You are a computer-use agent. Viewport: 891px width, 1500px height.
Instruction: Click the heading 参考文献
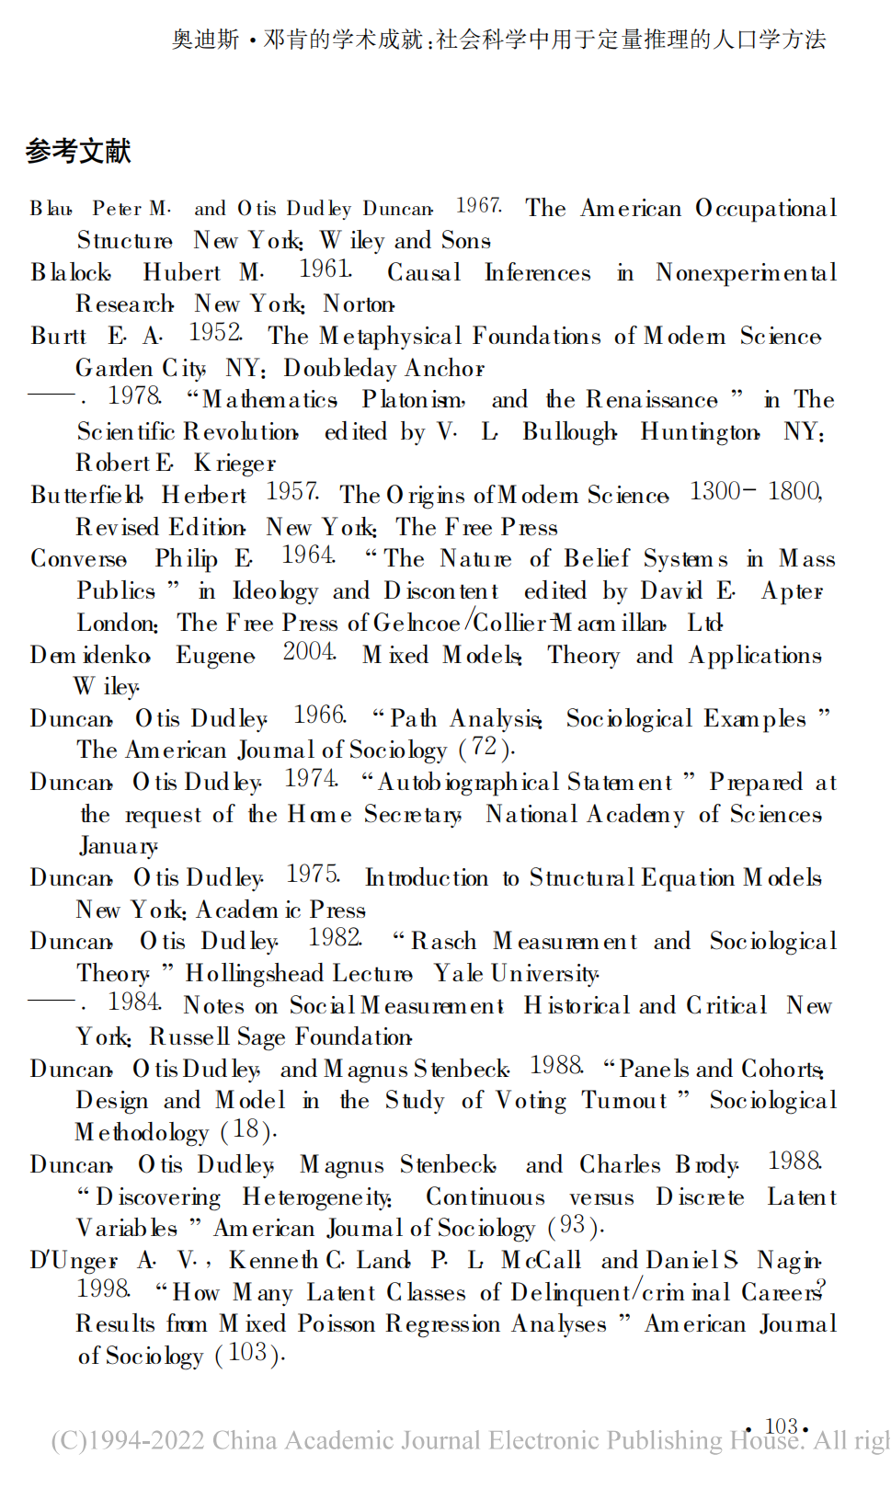coord(78,151)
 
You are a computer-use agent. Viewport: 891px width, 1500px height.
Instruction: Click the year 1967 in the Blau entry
coord(478,206)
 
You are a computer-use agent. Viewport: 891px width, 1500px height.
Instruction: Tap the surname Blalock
coord(71,273)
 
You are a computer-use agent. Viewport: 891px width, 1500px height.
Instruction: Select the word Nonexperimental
coord(746,273)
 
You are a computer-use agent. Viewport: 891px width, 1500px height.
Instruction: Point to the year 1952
coord(215,333)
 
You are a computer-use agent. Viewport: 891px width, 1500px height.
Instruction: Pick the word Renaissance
coord(652,400)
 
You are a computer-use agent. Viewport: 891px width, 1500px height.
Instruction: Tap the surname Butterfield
coord(86,496)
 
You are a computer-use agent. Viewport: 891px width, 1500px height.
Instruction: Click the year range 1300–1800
coord(755,492)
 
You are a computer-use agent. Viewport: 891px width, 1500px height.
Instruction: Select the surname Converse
coord(79,559)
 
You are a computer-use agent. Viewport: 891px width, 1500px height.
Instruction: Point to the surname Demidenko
coord(90,656)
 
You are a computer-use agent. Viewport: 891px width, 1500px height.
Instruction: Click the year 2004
coord(309,652)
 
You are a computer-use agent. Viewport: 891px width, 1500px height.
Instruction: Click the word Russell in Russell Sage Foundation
coord(188,1037)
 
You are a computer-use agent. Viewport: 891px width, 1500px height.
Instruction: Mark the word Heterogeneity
coord(317,1197)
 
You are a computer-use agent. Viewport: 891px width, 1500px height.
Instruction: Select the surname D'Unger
coord(74,1261)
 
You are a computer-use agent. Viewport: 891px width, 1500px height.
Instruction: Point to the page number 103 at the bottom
coord(781,1426)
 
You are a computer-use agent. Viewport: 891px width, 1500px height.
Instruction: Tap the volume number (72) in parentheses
coord(485,748)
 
